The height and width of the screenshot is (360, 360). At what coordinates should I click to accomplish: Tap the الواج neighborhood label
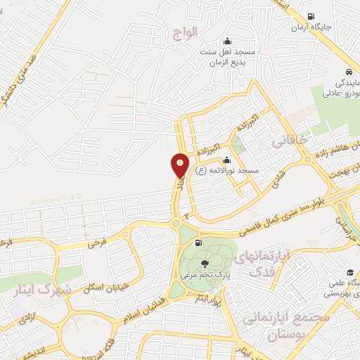[184, 32]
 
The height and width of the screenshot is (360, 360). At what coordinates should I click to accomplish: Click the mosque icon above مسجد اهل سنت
[226, 41]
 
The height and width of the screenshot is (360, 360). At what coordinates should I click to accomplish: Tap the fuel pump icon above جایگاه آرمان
[311, 17]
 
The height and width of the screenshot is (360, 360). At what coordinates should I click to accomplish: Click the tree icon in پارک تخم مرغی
[205, 264]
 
